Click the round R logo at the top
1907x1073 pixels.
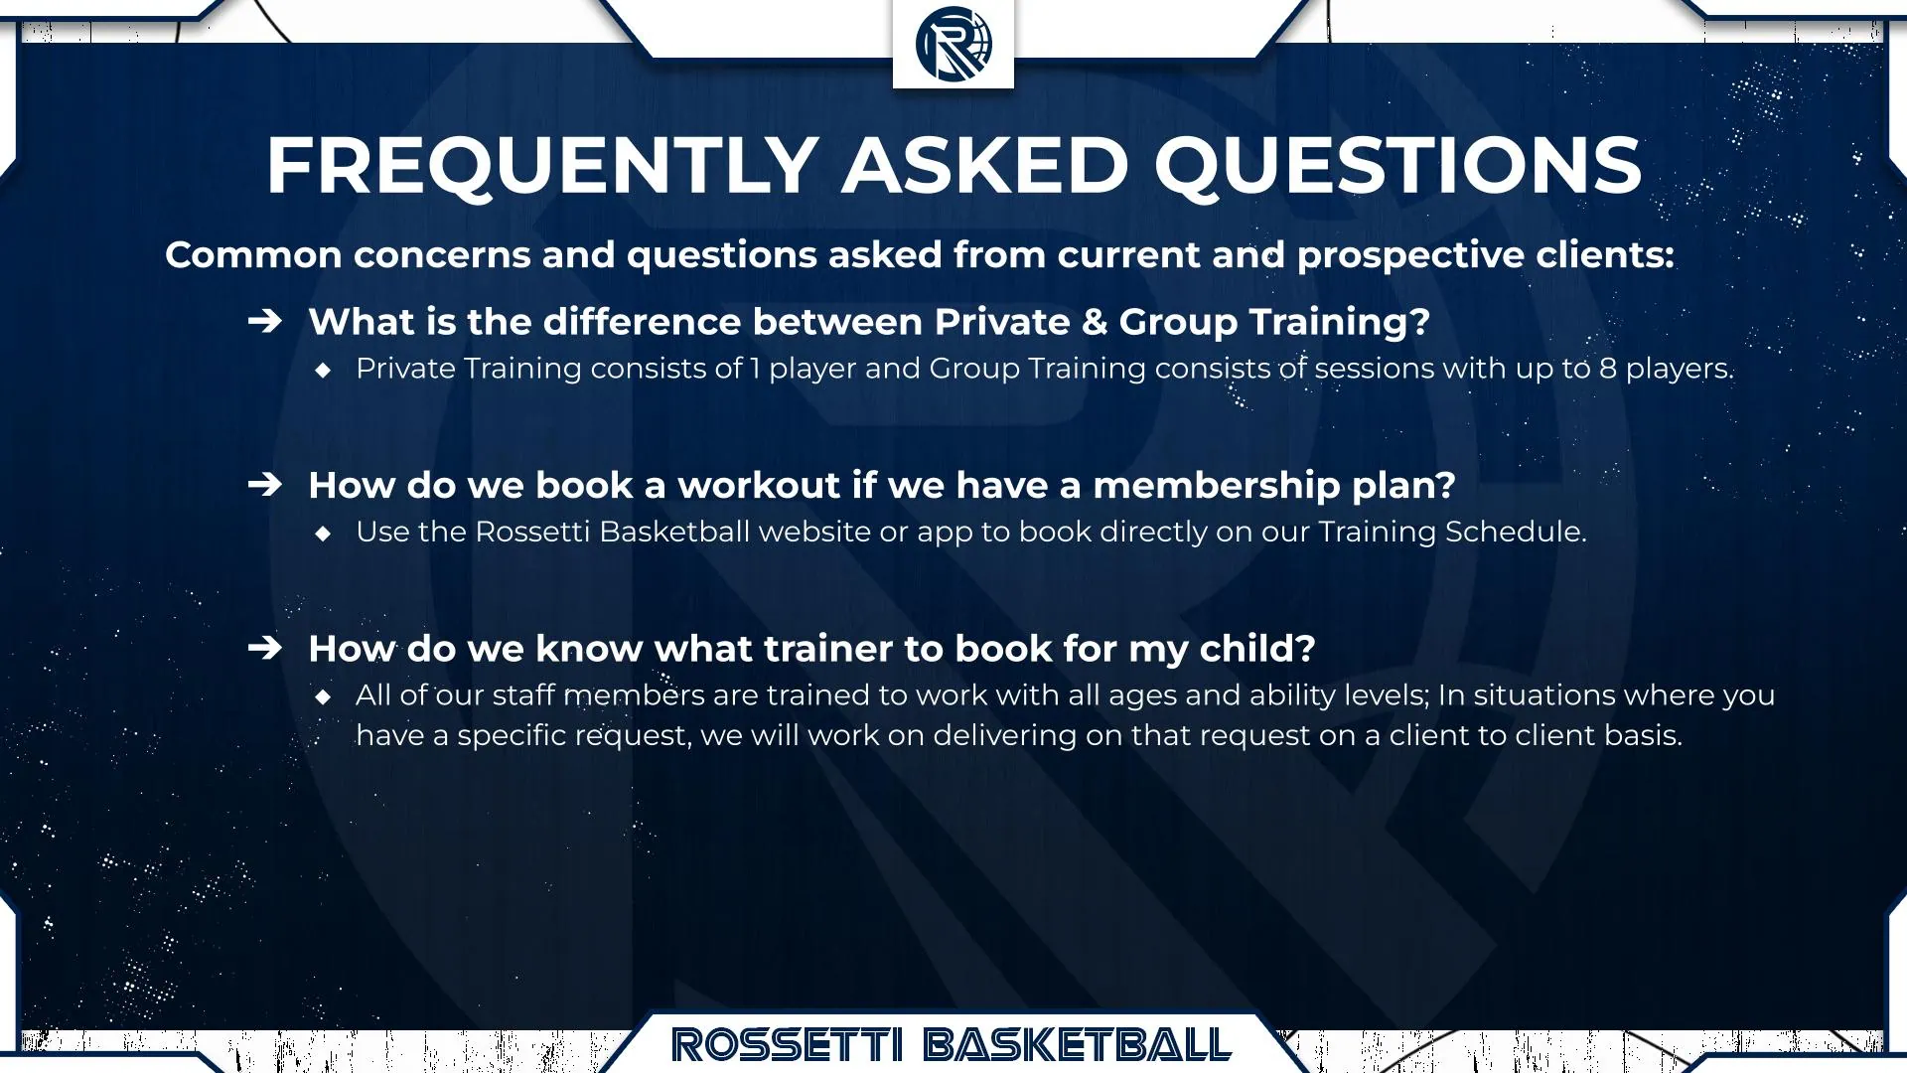coord(953,43)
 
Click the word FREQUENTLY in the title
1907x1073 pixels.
coord(542,165)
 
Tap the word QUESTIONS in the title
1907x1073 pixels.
coord(1397,165)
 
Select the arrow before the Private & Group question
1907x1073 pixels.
coord(265,321)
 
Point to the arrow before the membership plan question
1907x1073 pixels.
coord(265,485)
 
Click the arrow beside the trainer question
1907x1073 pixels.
coord(265,648)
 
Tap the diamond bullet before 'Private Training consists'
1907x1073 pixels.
coord(323,370)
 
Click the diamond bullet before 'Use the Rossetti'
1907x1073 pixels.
coord(323,534)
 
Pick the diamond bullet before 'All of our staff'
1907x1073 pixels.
coord(323,696)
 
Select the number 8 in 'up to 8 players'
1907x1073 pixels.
coord(1607,369)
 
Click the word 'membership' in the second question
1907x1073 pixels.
coord(1216,486)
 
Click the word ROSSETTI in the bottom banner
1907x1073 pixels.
coord(787,1045)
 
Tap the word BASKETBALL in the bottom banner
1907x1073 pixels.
coord(1078,1045)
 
